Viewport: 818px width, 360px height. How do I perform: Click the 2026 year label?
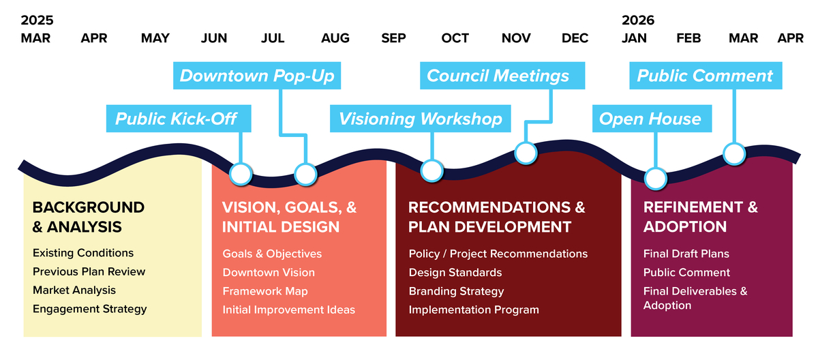click(x=637, y=20)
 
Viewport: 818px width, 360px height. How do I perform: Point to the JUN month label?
click(x=213, y=38)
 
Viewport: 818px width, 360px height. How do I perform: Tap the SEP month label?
click(x=393, y=38)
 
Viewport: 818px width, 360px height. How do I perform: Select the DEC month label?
click(x=575, y=38)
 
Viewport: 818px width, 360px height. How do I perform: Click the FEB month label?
click(x=688, y=38)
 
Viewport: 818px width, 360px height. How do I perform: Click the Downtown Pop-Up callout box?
click(x=257, y=76)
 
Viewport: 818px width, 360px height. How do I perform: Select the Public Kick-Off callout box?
click(x=179, y=119)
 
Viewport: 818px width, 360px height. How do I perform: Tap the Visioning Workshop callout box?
click(x=421, y=119)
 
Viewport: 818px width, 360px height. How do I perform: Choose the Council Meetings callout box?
click(x=502, y=76)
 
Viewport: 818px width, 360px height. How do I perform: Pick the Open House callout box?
click(x=652, y=119)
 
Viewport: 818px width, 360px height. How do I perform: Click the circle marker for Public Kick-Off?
click(x=241, y=174)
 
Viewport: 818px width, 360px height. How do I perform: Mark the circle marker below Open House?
click(x=656, y=179)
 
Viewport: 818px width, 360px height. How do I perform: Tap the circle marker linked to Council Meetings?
click(x=526, y=153)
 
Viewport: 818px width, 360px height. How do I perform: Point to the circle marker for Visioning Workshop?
click(x=432, y=170)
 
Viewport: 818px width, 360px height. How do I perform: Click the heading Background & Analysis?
click(x=89, y=217)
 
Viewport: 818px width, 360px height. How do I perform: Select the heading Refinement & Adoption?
click(x=701, y=217)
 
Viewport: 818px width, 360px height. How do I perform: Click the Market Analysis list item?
click(x=74, y=290)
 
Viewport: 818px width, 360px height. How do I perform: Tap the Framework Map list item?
click(x=265, y=291)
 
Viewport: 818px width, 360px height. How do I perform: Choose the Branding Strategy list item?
click(x=456, y=291)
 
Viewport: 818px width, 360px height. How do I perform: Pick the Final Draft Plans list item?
click(x=686, y=254)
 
